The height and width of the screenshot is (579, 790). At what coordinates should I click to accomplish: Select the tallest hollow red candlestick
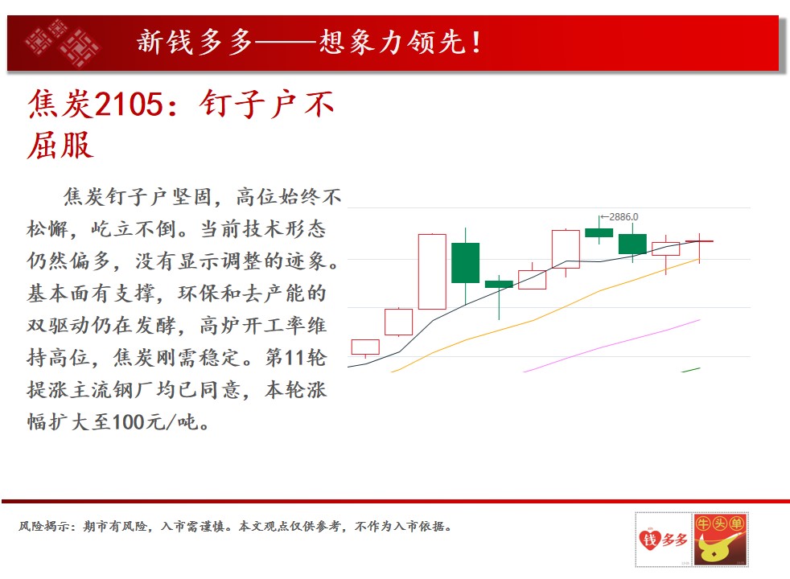tap(432, 271)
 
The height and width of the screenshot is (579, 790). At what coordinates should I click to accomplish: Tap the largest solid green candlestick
tap(465, 263)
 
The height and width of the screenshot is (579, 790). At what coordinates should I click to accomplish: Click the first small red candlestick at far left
tap(365, 347)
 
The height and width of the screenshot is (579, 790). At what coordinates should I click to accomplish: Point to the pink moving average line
tap(611, 345)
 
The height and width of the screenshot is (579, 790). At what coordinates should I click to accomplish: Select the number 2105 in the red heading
tap(129, 105)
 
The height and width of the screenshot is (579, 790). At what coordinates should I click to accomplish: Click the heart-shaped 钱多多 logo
tap(663, 540)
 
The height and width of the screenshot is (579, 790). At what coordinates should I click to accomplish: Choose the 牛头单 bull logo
tap(721, 540)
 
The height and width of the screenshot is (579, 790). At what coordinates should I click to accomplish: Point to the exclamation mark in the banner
tap(476, 43)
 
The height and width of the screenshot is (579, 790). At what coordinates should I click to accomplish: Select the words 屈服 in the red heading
tap(60, 145)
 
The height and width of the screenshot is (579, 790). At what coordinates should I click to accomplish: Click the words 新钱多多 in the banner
tap(195, 42)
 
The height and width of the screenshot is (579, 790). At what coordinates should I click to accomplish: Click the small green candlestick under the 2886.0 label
tap(599, 232)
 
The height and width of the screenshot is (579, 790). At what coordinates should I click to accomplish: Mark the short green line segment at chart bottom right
tap(690, 370)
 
